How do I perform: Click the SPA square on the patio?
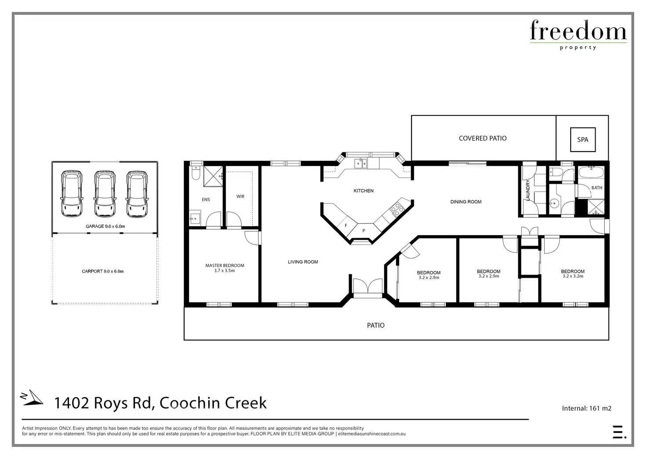(582, 139)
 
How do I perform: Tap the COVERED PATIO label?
(483, 138)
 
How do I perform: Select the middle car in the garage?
(105, 193)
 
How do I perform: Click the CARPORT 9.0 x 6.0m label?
(102, 271)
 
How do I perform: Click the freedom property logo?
(578, 35)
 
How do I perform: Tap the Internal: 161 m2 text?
(586, 408)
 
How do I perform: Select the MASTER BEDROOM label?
(225, 265)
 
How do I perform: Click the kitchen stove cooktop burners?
(397, 210)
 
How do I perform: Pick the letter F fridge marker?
(346, 225)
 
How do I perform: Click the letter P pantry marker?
(363, 230)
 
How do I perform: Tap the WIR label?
(240, 196)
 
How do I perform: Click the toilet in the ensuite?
(196, 173)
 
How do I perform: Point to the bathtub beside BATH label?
(591, 172)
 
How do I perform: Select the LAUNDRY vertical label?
(528, 190)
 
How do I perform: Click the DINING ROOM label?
(466, 202)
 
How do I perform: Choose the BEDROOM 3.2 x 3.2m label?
(573, 274)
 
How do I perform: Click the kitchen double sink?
(360, 163)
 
